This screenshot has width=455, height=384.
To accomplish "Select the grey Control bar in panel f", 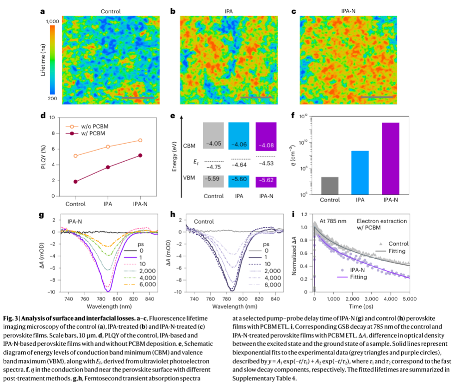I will click(x=330, y=186).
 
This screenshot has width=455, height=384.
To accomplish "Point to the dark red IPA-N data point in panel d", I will click(x=140, y=155).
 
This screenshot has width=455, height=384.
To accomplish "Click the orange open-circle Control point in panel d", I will click(x=75, y=156).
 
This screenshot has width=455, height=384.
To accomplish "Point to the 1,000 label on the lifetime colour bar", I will click(x=52, y=21).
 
